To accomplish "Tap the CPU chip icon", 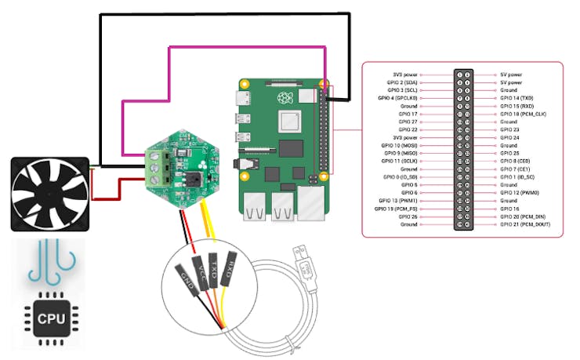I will tap(45, 318).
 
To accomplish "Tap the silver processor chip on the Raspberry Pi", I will tap(289, 122).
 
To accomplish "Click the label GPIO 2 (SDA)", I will tap(403, 82).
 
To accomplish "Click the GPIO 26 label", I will tap(408, 216).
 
